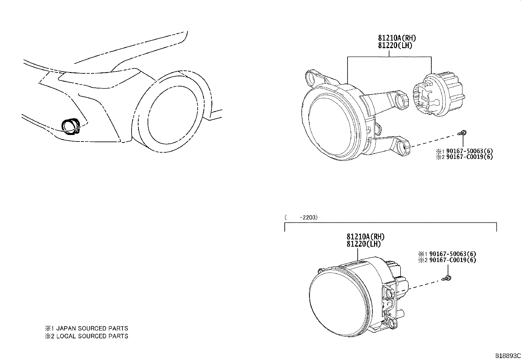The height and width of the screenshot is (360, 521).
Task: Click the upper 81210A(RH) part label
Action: [x=397, y=38]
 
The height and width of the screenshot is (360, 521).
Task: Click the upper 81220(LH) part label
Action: [x=395, y=46]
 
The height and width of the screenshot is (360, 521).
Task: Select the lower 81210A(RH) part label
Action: [x=366, y=237]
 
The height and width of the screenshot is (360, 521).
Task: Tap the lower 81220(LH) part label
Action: [x=364, y=244]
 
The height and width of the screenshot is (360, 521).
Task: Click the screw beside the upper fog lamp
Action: [x=463, y=133]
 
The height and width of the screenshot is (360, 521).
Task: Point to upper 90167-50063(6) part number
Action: [x=468, y=151]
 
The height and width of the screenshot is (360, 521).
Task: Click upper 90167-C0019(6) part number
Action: [x=468, y=157]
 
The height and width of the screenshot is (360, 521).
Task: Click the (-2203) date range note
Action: [x=301, y=217]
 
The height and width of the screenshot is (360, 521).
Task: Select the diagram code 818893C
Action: [x=507, y=356]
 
